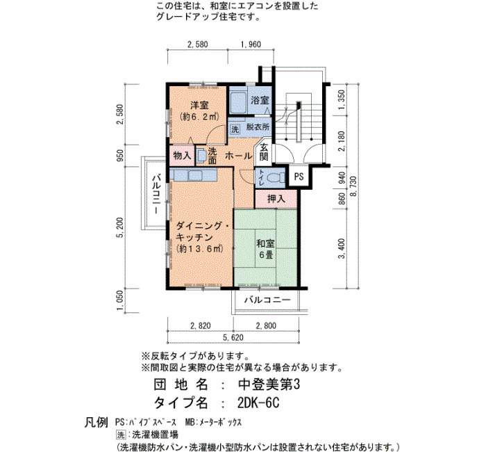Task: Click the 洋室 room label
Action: click(x=199, y=105)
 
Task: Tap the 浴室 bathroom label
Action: click(x=260, y=100)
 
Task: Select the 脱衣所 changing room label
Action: click(x=258, y=127)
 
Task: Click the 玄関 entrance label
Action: click(x=264, y=152)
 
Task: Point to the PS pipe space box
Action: click(x=299, y=177)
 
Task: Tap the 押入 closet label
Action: click(x=276, y=199)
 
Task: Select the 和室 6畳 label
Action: click(x=266, y=249)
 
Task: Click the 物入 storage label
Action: click(x=182, y=155)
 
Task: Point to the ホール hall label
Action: click(x=238, y=156)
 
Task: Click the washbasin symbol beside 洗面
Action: click(x=201, y=155)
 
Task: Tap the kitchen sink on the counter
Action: click(x=196, y=175)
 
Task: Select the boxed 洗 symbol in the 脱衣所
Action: click(x=235, y=129)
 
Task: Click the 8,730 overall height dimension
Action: click(x=353, y=186)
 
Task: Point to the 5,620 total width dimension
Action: click(x=233, y=337)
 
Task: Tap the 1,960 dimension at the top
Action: click(x=251, y=45)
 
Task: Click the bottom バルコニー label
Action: click(x=267, y=300)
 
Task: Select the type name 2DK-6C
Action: click(x=258, y=403)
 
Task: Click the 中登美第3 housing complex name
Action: click(x=269, y=385)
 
